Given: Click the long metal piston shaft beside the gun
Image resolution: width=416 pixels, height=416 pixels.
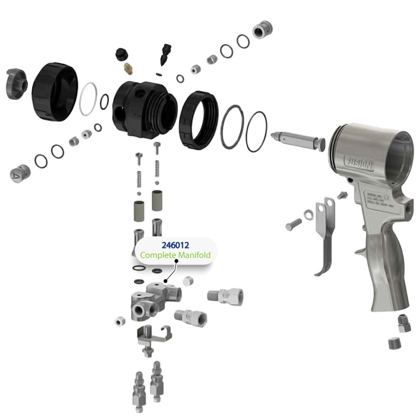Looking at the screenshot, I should [298, 140].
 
